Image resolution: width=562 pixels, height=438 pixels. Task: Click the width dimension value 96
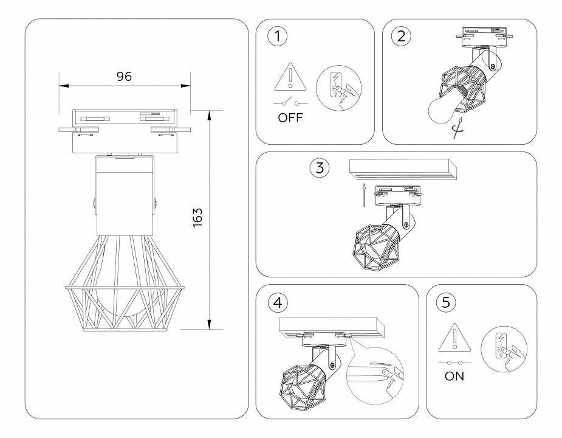coord(124,77)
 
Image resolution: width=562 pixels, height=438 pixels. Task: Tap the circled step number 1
coord(278,36)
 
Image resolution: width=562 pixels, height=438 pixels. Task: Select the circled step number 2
coord(400,36)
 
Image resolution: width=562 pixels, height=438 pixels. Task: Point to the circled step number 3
coord(320,167)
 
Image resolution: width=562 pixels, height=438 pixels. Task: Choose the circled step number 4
coord(278,302)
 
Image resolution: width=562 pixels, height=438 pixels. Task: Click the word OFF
coord(290,118)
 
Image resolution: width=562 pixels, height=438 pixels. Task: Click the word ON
coord(454,376)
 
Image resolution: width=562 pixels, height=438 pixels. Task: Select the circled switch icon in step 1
coord(338,89)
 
